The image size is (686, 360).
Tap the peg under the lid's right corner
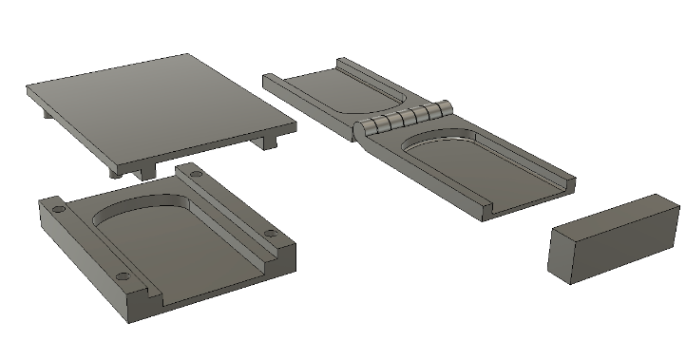268,142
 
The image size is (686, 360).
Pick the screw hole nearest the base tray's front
122,276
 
